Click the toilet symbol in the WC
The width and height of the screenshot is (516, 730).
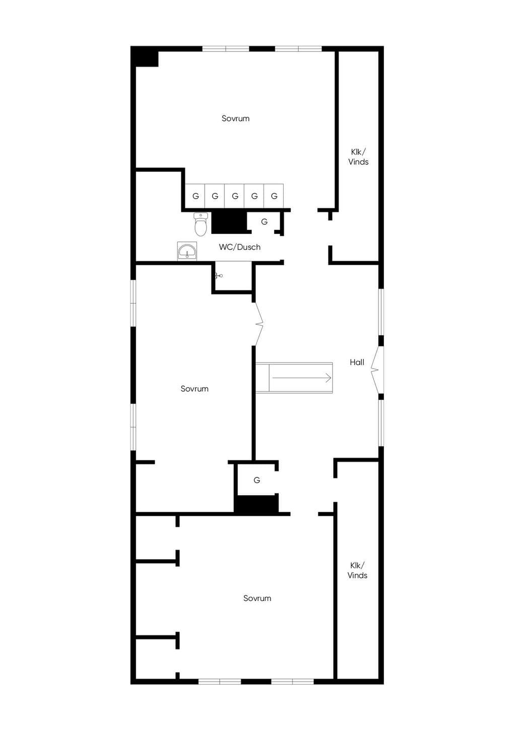coord(201,224)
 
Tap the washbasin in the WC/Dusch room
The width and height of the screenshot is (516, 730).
coord(187,251)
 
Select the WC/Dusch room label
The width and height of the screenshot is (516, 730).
coord(240,247)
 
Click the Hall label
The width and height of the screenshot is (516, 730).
coord(357,362)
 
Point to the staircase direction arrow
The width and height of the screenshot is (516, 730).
coord(302,378)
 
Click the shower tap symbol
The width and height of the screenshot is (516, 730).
coord(219,276)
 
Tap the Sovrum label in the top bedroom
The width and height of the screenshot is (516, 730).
coord(235,118)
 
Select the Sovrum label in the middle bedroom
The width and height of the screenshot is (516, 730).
coord(195,389)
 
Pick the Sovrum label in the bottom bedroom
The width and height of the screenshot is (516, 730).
coord(257,598)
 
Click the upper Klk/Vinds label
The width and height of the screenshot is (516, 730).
coord(358,157)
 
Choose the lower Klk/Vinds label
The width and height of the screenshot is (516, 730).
coord(357,570)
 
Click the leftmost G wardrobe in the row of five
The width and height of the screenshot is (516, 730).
coord(195,196)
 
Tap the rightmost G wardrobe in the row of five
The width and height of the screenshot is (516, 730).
coord(274,196)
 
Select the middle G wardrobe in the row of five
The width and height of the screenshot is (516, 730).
coord(234,196)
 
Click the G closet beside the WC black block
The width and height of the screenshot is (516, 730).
coord(264,222)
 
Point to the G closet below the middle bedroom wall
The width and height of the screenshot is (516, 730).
coord(256,480)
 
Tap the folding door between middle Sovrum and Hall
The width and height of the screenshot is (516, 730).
coord(259,324)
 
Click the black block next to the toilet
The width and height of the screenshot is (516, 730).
coord(229,223)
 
